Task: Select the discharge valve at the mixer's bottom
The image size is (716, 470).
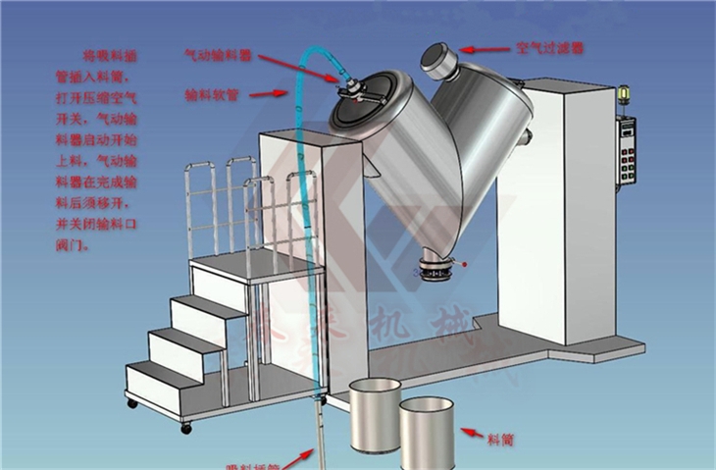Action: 435,266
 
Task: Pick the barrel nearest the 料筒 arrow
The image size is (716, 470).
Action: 427,433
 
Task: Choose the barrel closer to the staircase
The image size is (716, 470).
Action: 375,413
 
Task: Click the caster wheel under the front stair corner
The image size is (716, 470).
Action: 186,428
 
